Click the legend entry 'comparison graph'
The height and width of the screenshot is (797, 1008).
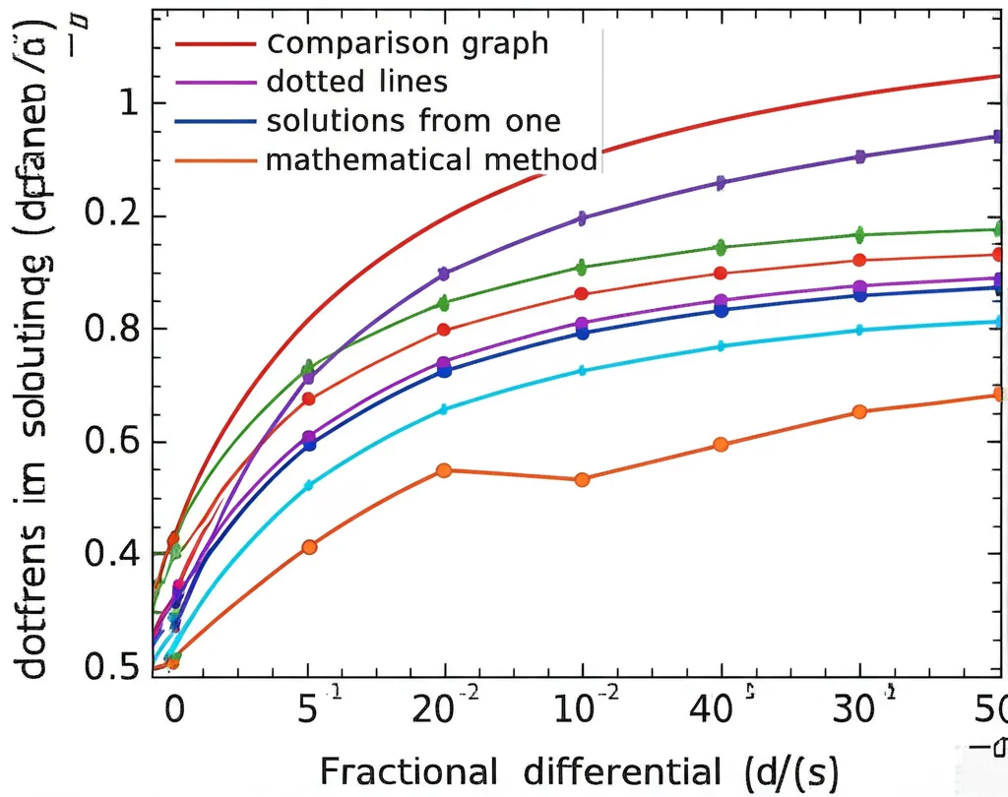408,44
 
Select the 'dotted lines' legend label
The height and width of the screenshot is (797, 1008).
357,82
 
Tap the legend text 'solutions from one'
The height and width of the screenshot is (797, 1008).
413,120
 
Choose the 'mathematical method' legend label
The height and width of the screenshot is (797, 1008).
432,158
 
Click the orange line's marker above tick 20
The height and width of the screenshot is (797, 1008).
444,470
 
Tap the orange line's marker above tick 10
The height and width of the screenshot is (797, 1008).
582,479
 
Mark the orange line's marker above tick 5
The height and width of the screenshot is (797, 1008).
309,546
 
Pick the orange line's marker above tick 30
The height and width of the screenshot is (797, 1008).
859,411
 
